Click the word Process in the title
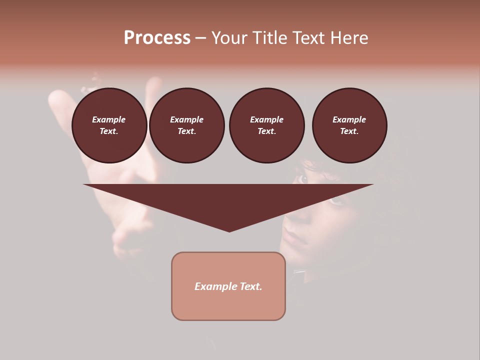[x=157, y=38]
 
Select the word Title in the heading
[x=270, y=38]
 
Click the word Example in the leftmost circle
[x=109, y=120]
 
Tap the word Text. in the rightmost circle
[x=349, y=131]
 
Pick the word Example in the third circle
[x=266, y=120]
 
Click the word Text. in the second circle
[x=186, y=131]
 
